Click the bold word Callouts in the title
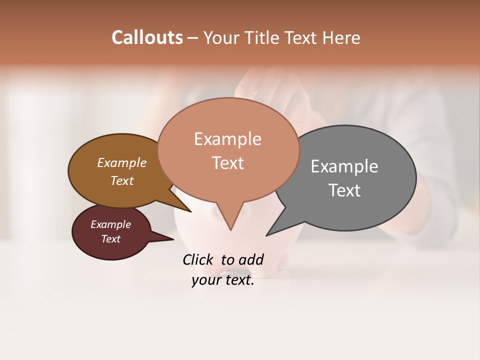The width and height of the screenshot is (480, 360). [147, 37]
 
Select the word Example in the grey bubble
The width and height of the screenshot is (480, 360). [344, 166]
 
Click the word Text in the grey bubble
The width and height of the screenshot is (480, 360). [344, 190]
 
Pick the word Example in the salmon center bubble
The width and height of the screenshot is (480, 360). [227, 139]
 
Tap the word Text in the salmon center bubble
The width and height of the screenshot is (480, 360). [227, 163]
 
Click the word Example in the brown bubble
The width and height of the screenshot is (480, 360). [122, 162]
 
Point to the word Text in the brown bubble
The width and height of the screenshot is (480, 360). [122, 180]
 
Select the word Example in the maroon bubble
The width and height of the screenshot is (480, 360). [110, 224]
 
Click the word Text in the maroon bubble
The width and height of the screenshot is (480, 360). [110, 239]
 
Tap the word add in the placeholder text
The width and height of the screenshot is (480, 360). [251, 259]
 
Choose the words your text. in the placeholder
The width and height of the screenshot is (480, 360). [223, 280]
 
